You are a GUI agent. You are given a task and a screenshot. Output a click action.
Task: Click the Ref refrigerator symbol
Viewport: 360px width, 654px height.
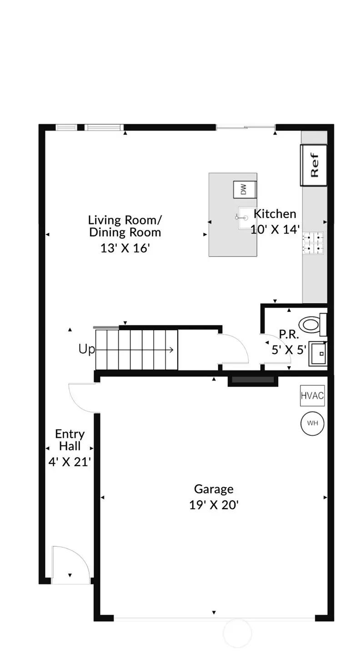(x=314, y=165)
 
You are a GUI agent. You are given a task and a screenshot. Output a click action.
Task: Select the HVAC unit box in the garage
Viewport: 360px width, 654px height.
(x=312, y=396)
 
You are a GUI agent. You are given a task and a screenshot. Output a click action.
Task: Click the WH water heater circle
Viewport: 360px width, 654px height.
(x=312, y=423)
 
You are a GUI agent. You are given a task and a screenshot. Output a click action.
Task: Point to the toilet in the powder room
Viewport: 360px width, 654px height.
(x=314, y=324)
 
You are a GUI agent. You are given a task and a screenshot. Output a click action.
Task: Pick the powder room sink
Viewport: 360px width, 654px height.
(x=318, y=353)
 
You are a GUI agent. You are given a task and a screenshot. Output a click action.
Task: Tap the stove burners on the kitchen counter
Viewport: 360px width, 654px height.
(x=314, y=242)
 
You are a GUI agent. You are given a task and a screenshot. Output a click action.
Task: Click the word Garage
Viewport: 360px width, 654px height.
(x=214, y=489)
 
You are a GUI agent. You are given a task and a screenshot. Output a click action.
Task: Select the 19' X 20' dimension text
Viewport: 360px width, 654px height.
(x=214, y=505)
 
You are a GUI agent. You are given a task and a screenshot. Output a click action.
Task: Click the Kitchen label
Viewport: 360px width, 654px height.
(x=275, y=214)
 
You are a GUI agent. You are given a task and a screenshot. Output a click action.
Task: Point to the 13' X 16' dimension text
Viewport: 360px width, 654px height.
(x=125, y=249)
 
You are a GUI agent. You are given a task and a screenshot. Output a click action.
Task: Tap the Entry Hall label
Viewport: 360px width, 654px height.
(x=70, y=440)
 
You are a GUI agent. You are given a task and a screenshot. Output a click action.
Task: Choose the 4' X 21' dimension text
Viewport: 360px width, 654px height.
(x=70, y=462)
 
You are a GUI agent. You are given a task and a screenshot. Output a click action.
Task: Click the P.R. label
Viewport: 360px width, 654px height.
(x=288, y=334)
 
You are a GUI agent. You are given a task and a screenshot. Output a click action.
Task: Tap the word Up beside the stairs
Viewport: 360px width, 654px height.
(x=87, y=349)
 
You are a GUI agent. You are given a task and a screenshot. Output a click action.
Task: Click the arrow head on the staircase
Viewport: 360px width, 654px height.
(x=171, y=349)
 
